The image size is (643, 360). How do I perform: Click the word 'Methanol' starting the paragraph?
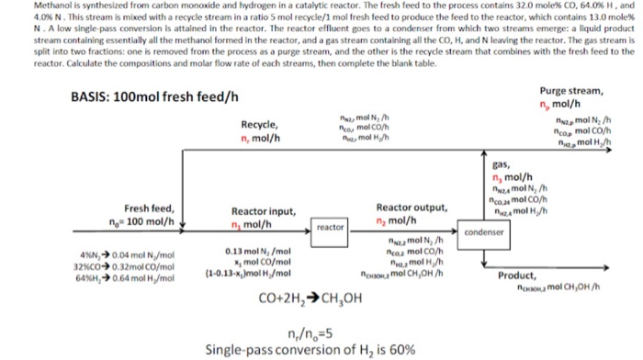[x=23, y=6]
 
